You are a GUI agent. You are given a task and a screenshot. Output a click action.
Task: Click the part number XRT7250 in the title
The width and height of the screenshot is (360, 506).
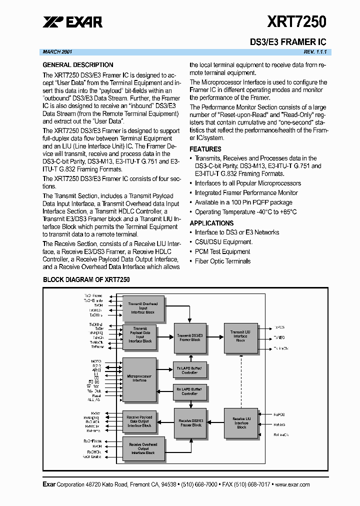tap(296, 21)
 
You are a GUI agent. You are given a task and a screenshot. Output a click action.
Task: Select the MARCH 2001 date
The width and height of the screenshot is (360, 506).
tap(57, 52)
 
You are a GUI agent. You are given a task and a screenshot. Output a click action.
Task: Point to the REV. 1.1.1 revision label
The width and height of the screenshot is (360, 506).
tap(314, 52)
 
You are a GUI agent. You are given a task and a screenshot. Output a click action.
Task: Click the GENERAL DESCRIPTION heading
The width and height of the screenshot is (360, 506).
tap(77, 65)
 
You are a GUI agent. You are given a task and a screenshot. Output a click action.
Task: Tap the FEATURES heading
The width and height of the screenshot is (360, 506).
tap(205, 149)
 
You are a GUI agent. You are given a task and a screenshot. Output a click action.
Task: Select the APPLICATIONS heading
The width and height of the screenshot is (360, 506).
tap(211, 223)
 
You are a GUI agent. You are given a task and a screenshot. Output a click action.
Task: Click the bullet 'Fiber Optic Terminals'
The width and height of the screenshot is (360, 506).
tap(222, 261)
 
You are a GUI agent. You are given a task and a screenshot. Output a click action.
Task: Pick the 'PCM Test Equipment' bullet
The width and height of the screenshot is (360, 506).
tap(222, 252)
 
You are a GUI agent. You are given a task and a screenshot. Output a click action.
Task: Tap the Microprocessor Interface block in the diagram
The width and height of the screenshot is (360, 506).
tap(139, 380)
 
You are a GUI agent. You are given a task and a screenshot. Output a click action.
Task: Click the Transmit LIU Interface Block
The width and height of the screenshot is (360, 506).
tap(240, 335)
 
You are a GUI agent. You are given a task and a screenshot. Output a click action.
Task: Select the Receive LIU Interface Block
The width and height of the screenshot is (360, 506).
tap(241, 422)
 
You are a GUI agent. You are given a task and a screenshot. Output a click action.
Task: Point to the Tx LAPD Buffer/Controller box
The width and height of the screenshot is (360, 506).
tap(189, 370)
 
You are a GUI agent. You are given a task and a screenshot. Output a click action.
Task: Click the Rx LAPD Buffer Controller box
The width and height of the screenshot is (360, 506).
tap(189, 391)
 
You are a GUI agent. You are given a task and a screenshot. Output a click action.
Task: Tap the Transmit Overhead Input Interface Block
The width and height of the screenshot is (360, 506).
tap(143, 308)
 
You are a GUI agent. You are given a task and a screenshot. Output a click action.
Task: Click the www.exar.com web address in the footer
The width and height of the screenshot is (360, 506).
tap(292, 484)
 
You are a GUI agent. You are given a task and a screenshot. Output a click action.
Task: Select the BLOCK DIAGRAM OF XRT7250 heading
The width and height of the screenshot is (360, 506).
tap(86, 279)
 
